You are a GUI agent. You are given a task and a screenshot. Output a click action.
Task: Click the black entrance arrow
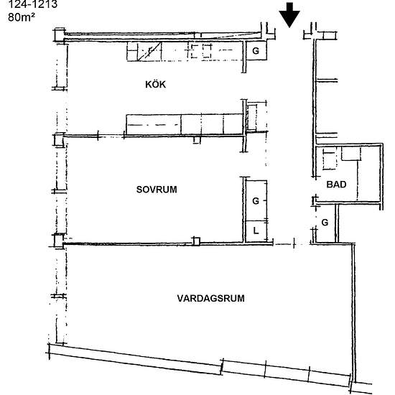tap(289, 14)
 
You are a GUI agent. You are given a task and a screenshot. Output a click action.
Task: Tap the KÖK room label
tap(155, 85)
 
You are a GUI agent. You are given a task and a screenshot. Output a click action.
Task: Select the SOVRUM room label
tap(157, 190)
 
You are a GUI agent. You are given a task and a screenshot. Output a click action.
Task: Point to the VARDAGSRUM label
tap(210, 298)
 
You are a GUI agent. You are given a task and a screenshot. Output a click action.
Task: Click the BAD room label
tap(336, 185)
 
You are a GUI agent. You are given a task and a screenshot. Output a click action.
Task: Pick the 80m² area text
tap(22, 17)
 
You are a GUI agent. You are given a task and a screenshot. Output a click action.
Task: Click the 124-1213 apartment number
tap(33, 4)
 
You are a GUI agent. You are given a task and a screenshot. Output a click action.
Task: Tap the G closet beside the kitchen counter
tap(256, 51)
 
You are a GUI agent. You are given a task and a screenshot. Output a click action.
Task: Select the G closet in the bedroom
tap(256, 201)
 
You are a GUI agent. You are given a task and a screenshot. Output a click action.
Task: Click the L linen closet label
tap(256, 231)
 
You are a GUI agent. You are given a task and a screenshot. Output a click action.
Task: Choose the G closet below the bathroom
tap(325, 223)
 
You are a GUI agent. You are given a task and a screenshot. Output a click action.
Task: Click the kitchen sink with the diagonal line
tap(149, 52)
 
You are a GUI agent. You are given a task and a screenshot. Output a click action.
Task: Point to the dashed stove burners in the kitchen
tap(201, 51)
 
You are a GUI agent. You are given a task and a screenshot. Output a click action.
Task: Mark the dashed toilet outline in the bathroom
tap(330, 159)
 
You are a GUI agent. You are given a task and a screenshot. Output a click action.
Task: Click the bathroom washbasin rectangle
tap(351, 154)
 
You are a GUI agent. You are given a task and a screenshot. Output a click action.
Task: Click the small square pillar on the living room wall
tap(196, 241)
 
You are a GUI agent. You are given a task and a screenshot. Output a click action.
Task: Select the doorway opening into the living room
tap(292, 244)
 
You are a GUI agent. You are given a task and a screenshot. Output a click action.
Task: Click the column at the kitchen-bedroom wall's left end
tap(59, 139)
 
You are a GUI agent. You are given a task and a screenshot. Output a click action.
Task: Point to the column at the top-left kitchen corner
tap(59, 34)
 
